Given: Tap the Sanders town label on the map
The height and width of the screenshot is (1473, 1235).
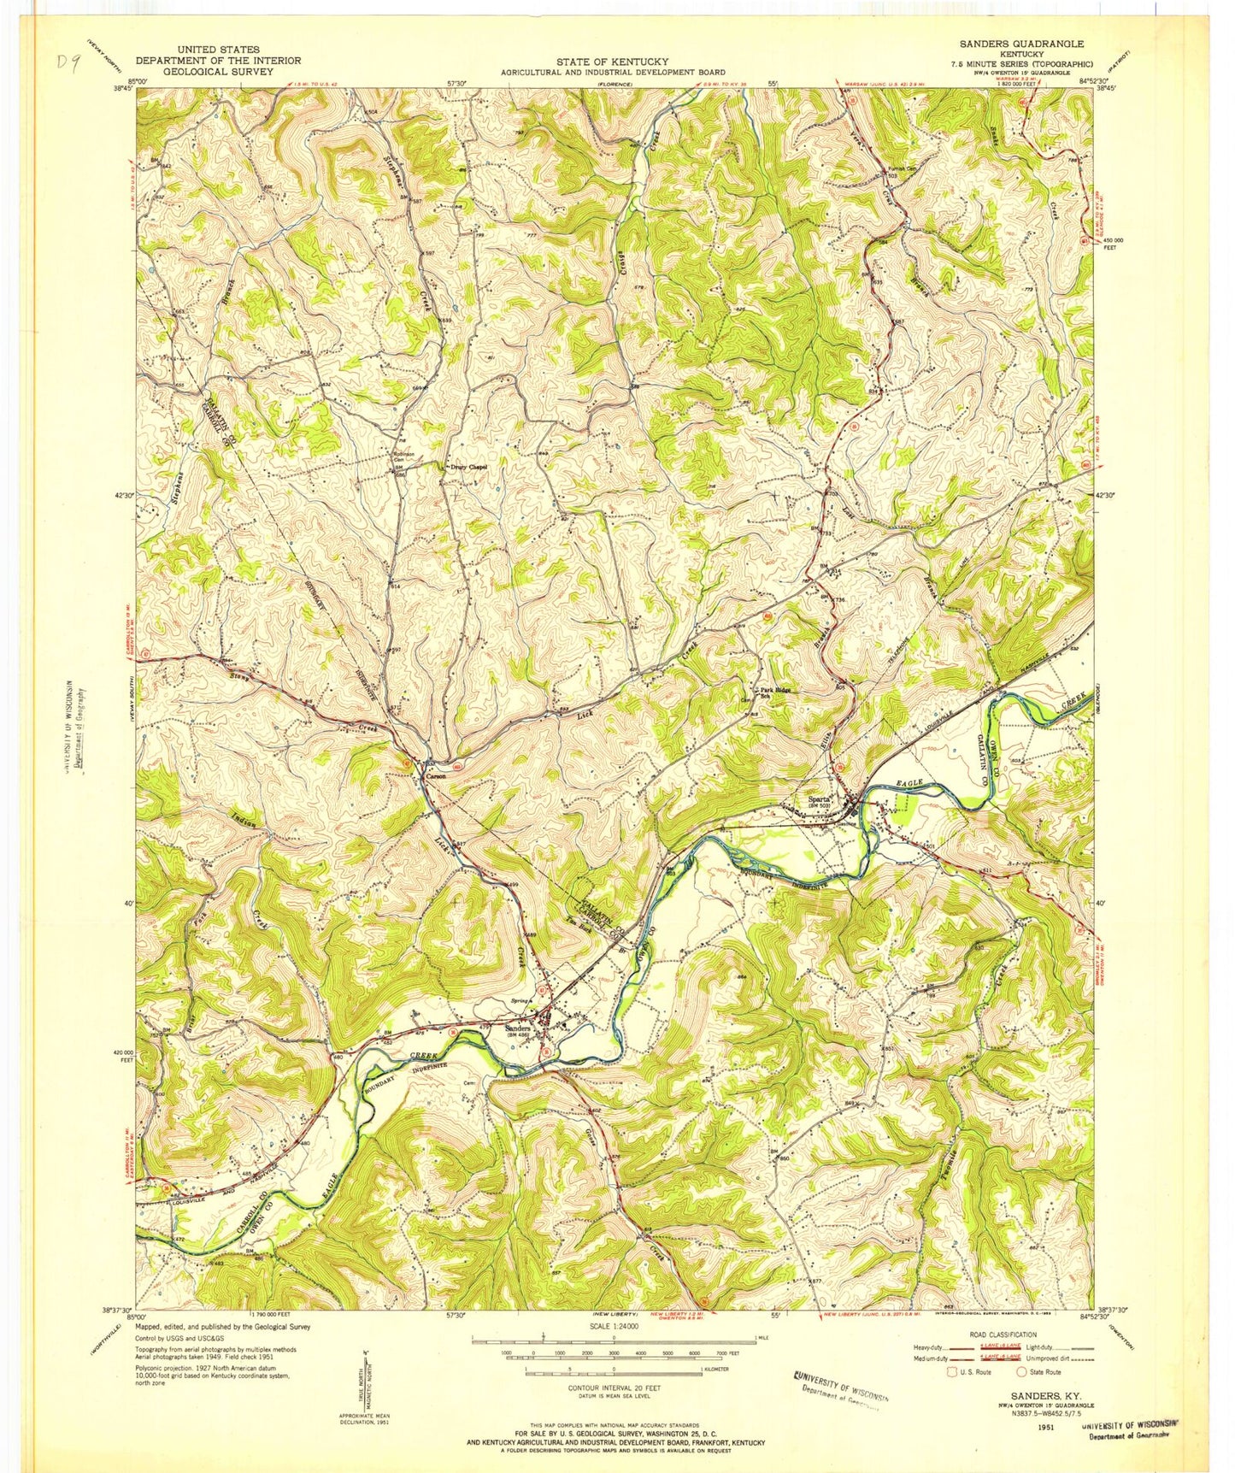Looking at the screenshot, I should coord(519,1027).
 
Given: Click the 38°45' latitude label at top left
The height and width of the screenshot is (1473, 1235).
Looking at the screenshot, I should coord(120,85).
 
